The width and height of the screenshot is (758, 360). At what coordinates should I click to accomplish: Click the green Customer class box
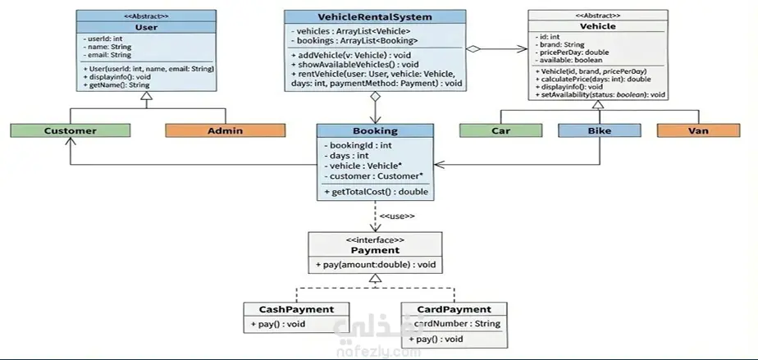pos(70,130)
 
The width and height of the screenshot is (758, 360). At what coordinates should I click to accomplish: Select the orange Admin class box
pos(219,130)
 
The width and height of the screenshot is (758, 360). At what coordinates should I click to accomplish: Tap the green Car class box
pos(500,130)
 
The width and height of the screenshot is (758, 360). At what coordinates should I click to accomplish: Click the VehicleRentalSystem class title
pos(375,16)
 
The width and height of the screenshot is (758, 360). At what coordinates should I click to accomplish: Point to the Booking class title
pos(375,130)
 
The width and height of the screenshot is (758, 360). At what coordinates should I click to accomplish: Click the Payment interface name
pos(375,250)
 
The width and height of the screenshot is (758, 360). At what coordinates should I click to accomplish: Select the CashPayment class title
pos(296,309)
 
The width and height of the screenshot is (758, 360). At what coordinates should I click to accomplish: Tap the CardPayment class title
pos(455,309)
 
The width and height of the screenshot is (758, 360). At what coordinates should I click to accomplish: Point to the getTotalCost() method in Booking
pos(376,192)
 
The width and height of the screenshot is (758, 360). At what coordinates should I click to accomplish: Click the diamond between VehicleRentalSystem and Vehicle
pos(472,50)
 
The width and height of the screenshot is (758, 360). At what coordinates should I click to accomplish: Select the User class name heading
pos(145,26)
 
